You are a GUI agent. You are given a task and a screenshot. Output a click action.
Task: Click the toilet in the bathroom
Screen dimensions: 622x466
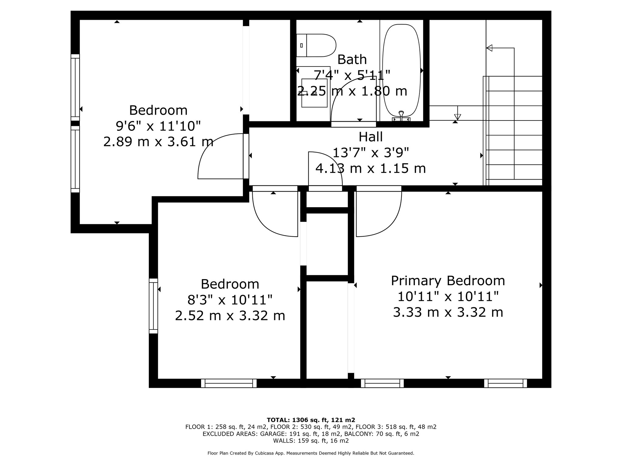(x=316, y=46)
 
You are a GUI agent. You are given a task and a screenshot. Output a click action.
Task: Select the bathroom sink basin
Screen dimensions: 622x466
(x=314, y=93)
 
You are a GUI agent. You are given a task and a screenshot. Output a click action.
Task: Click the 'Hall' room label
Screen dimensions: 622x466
(x=371, y=137)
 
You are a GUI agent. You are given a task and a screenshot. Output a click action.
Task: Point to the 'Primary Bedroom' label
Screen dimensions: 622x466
(x=448, y=281)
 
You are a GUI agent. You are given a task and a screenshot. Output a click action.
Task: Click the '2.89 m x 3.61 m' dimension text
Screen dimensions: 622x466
(x=158, y=142)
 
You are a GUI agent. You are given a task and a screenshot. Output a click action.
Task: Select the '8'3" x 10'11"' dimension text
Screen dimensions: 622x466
(x=230, y=300)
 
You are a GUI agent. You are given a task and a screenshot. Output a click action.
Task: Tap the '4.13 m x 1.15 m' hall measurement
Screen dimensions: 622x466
(x=371, y=168)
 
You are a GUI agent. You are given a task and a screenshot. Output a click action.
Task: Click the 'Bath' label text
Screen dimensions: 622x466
(x=352, y=59)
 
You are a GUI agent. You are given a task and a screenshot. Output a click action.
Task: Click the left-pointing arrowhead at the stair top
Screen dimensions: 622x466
(x=489, y=48)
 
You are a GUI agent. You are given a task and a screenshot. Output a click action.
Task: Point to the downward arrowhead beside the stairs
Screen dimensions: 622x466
(x=457, y=117)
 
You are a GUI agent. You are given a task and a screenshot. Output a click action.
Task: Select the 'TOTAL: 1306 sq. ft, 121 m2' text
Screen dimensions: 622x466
(x=311, y=420)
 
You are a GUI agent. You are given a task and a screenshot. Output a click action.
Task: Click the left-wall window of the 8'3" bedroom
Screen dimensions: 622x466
(x=153, y=306)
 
